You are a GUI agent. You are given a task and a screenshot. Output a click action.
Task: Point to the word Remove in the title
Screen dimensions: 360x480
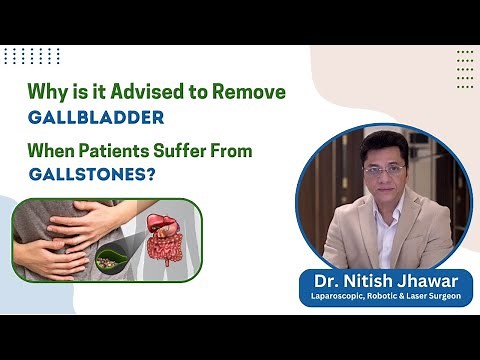pyautogui.click(x=253, y=92)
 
